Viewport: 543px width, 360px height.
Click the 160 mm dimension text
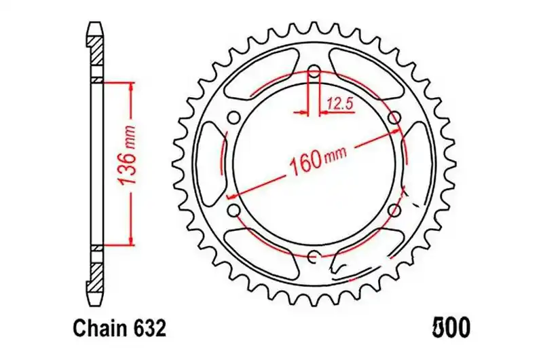click(x=318, y=160)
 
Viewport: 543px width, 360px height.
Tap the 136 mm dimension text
click(x=126, y=156)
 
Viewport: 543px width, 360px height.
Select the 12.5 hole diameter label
click(x=340, y=104)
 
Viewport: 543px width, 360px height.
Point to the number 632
click(x=149, y=329)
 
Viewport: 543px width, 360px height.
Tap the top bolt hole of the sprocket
click(x=314, y=72)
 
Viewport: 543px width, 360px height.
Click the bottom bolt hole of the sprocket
click(x=314, y=256)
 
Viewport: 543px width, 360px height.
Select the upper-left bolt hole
click(x=234, y=117)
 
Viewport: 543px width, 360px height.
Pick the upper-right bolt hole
click(x=394, y=118)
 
